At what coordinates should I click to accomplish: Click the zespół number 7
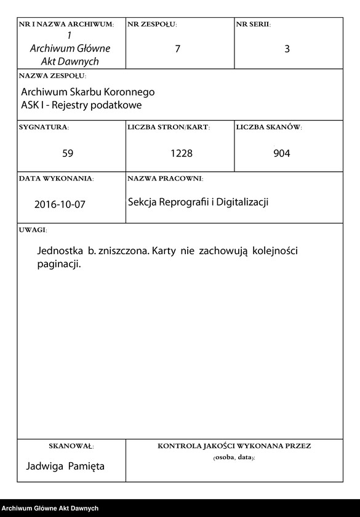click(178, 49)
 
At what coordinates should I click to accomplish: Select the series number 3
click(287, 49)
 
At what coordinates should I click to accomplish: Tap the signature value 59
click(68, 153)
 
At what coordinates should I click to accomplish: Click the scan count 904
click(282, 153)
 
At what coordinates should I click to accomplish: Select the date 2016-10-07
click(60, 205)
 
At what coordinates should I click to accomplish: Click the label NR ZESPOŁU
click(152, 25)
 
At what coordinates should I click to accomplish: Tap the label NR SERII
click(253, 25)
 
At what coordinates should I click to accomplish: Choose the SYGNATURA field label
click(44, 127)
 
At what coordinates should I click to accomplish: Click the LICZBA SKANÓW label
click(268, 127)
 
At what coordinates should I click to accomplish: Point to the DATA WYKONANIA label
click(56, 178)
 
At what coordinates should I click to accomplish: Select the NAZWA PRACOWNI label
click(165, 178)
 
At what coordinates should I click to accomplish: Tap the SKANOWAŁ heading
click(71, 446)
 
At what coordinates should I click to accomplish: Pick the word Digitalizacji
click(240, 202)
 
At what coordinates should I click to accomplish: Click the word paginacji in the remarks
click(59, 265)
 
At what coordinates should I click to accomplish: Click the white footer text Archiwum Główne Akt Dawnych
click(50, 508)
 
